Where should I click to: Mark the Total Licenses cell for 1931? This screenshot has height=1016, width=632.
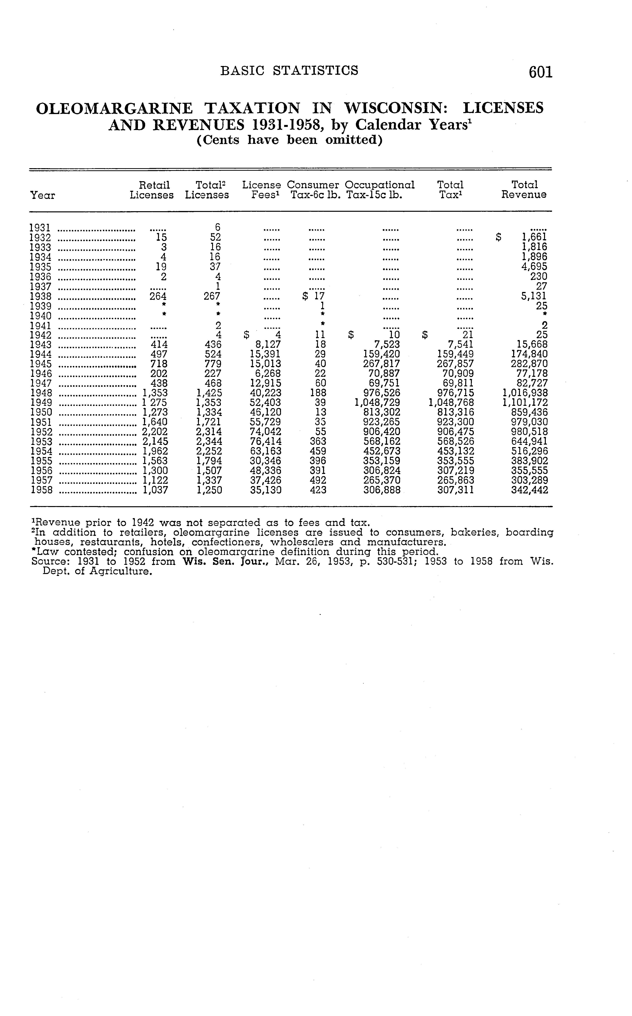point(217,228)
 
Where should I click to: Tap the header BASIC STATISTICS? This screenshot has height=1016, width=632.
point(289,70)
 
